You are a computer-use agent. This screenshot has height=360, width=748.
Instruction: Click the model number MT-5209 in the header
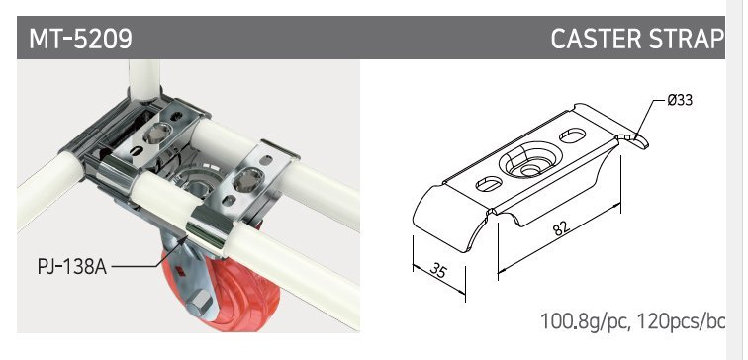click(x=80, y=39)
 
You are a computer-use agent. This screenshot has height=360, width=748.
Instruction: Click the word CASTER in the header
click(x=591, y=39)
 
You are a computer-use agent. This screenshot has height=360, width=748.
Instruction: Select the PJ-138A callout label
click(x=71, y=267)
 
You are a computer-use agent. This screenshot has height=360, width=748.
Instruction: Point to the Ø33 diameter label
click(x=680, y=100)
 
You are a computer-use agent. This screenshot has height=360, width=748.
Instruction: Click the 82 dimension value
click(x=561, y=228)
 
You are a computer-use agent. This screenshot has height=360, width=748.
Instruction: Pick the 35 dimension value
click(x=439, y=271)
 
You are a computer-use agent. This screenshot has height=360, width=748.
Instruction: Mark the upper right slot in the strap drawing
click(x=573, y=135)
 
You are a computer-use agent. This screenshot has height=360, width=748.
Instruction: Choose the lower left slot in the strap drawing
click(x=489, y=184)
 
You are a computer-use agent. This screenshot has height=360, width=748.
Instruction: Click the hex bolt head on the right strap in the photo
click(x=248, y=181)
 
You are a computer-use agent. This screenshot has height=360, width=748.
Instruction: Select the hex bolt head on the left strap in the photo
click(x=158, y=134)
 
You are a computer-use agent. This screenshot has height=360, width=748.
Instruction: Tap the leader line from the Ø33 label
click(x=650, y=119)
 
